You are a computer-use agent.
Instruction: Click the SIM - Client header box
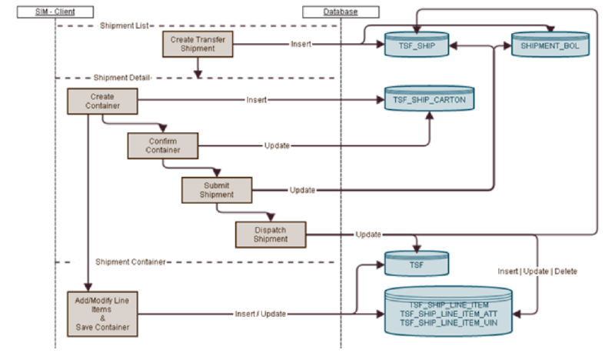[55, 12]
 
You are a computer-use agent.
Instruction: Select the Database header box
[331, 12]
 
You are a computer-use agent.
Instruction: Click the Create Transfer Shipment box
[198, 44]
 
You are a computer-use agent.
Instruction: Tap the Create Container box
[102, 101]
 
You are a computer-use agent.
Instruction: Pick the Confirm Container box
[162, 145]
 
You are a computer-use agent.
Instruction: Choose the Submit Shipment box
[217, 189]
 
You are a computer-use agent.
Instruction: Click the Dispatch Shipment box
[271, 234]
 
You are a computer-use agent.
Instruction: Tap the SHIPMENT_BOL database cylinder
[550, 45]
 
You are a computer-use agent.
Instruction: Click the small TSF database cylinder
[415, 264]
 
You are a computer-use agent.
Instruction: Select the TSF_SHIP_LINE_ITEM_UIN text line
[448, 324]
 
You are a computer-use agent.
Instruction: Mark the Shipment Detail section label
[121, 78]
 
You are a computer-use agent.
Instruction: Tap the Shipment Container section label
[130, 262]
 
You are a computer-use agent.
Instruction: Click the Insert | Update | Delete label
[537, 271]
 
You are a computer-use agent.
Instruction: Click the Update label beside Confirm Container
[277, 145]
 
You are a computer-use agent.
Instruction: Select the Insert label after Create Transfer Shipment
[301, 44]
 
